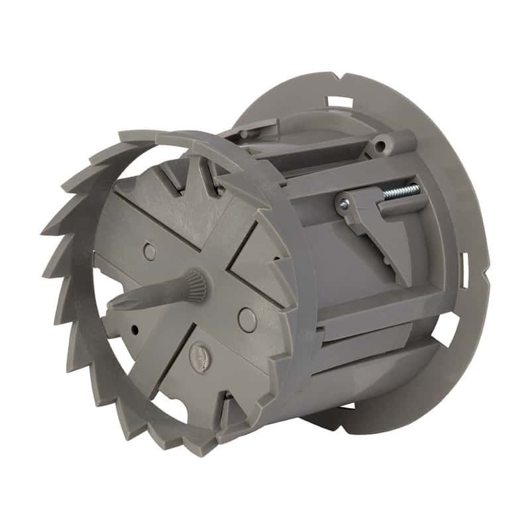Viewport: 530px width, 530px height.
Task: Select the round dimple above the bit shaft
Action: point(150,252)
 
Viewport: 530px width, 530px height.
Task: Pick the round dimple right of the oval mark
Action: point(246,320)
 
